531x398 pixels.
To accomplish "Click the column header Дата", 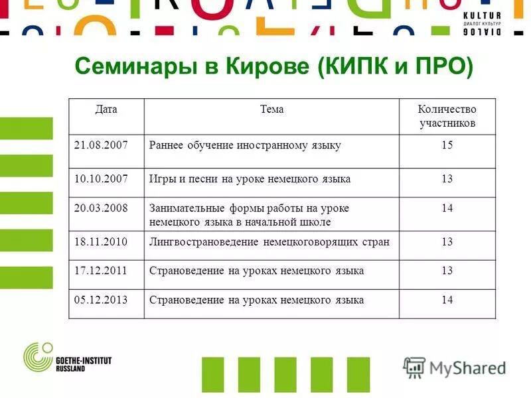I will coord(106,109).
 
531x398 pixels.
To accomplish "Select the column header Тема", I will coord(271,109).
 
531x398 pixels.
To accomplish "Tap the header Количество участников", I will coord(447,116).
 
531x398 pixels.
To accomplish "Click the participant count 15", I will coord(447,145).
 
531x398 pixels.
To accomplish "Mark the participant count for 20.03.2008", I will coord(447,208).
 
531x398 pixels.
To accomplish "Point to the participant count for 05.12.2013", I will coord(447,300).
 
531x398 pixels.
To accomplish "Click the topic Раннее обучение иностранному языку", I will coord(245,145).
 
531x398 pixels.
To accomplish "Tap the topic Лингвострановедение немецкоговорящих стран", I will coord(269,241).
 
